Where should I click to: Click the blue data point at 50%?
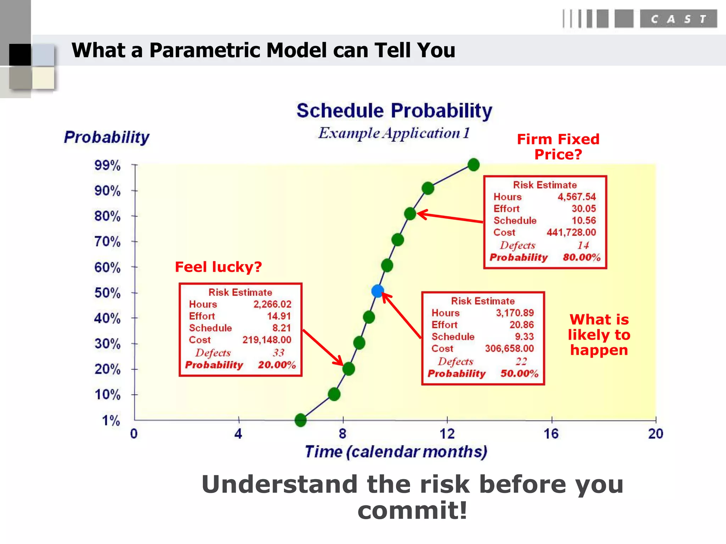pos(378,291)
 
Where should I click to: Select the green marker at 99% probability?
pos(474,165)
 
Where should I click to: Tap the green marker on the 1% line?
pos(301,420)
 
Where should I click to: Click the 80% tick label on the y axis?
pos(107,216)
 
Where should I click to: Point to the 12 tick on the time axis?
pos(447,433)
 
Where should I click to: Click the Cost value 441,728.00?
pos(571,232)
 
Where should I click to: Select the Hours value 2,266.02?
pos(272,304)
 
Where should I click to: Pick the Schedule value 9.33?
pos(524,336)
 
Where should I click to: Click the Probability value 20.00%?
pos(277,365)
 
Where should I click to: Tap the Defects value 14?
pos(583,245)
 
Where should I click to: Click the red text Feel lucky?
pos(218,267)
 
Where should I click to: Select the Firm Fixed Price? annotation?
pos(558,147)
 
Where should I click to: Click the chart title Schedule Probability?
pos(394,110)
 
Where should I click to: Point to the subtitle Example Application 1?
pos(394,133)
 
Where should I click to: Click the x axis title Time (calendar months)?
pos(396,452)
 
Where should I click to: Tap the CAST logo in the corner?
pos(678,19)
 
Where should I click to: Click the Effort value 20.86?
pos(521,325)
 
